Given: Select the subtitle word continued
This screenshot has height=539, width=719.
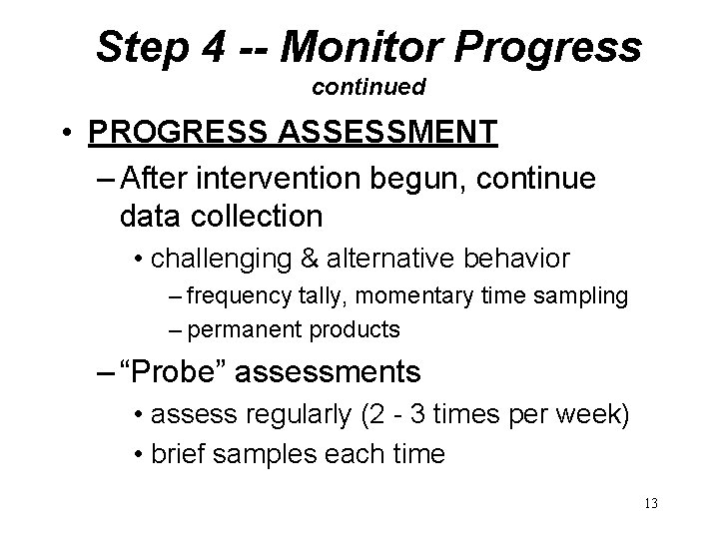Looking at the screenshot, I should [368, 88].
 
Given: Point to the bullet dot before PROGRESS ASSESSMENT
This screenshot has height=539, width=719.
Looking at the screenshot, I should [68, 133].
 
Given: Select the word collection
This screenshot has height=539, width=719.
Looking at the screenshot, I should [251, 215].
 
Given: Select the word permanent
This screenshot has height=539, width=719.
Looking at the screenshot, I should [240, 328].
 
